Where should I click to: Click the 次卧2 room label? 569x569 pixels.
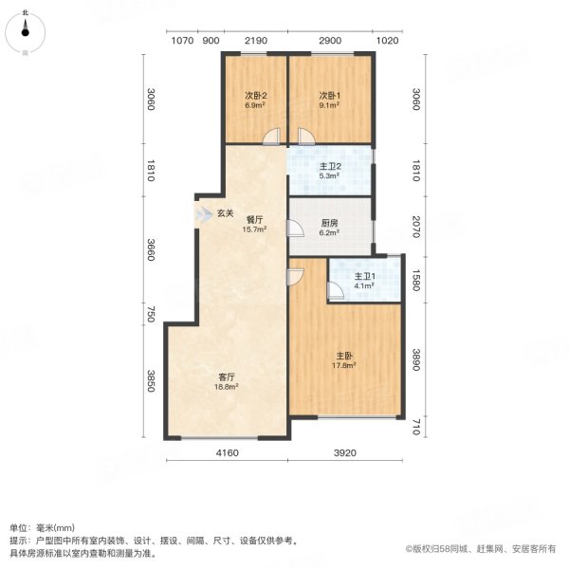(x=255, y=95)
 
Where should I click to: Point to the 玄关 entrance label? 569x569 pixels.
(x=225, y=212)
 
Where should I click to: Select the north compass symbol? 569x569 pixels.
(x=26, y=33)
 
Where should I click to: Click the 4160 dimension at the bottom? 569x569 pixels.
(x=226, y=453)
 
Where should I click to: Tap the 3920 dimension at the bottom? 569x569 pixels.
(x=345, y=453)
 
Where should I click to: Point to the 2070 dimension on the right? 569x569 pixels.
(x=416, y=226)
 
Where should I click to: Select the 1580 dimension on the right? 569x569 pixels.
(x=416, y=279)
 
